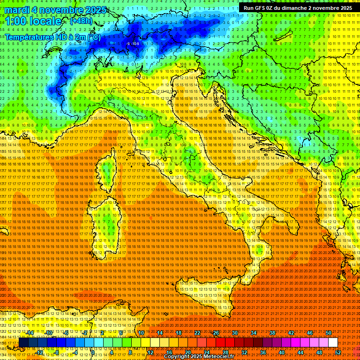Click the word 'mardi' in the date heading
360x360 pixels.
(17, 10)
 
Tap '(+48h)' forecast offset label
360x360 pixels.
(81, 21)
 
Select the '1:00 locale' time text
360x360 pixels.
(33, 21)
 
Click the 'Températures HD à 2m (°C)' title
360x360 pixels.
(52, 37)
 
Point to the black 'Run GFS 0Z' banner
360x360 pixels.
(298, 7)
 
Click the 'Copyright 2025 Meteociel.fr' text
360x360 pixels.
(199, 357)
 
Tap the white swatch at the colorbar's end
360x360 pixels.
(333, 343)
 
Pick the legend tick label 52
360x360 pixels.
(337, 352)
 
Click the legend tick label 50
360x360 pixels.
(329, 333)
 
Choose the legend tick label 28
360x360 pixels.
(225, 352)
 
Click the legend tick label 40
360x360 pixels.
(282, 352)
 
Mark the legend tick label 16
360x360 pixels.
(169, 352)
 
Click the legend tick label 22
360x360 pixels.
(197, 333)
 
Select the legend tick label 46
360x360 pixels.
(310, 333)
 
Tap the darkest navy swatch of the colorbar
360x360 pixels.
(23, 343)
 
